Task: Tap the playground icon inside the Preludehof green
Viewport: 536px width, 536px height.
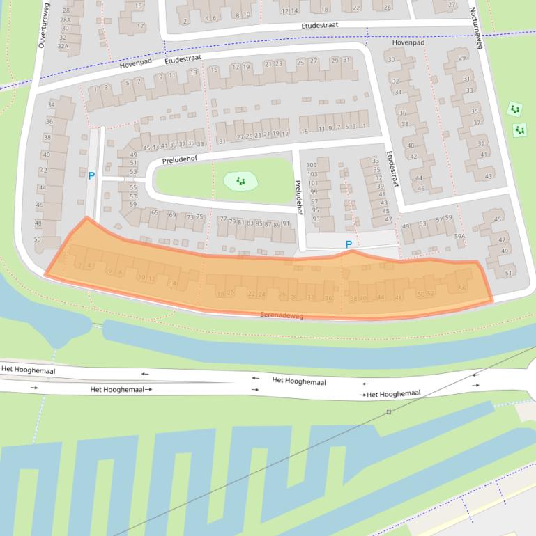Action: (x=240, y=181)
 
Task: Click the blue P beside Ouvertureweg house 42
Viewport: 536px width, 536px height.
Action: (x=91, y=176)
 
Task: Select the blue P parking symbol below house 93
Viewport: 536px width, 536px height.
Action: (x=349, y=244)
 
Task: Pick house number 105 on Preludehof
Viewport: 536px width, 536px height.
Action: (x=312, y=165)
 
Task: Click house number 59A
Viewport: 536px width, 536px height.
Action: (x=459, y=237)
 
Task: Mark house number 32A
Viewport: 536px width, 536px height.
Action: (x=63, y=46)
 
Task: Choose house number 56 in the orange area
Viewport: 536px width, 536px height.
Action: (x=461, y=288)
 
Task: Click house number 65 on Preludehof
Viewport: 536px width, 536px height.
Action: (x=155, y=212)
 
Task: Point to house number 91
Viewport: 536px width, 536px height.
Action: (x=286, y=223)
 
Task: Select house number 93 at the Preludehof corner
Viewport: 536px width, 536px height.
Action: (x=316, y=219)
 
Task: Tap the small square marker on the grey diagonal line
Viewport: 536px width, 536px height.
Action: (x=389, y=412)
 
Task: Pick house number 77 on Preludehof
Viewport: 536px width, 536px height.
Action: (x=223, y=219)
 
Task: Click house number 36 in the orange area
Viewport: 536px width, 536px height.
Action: (x=328, y=298)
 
